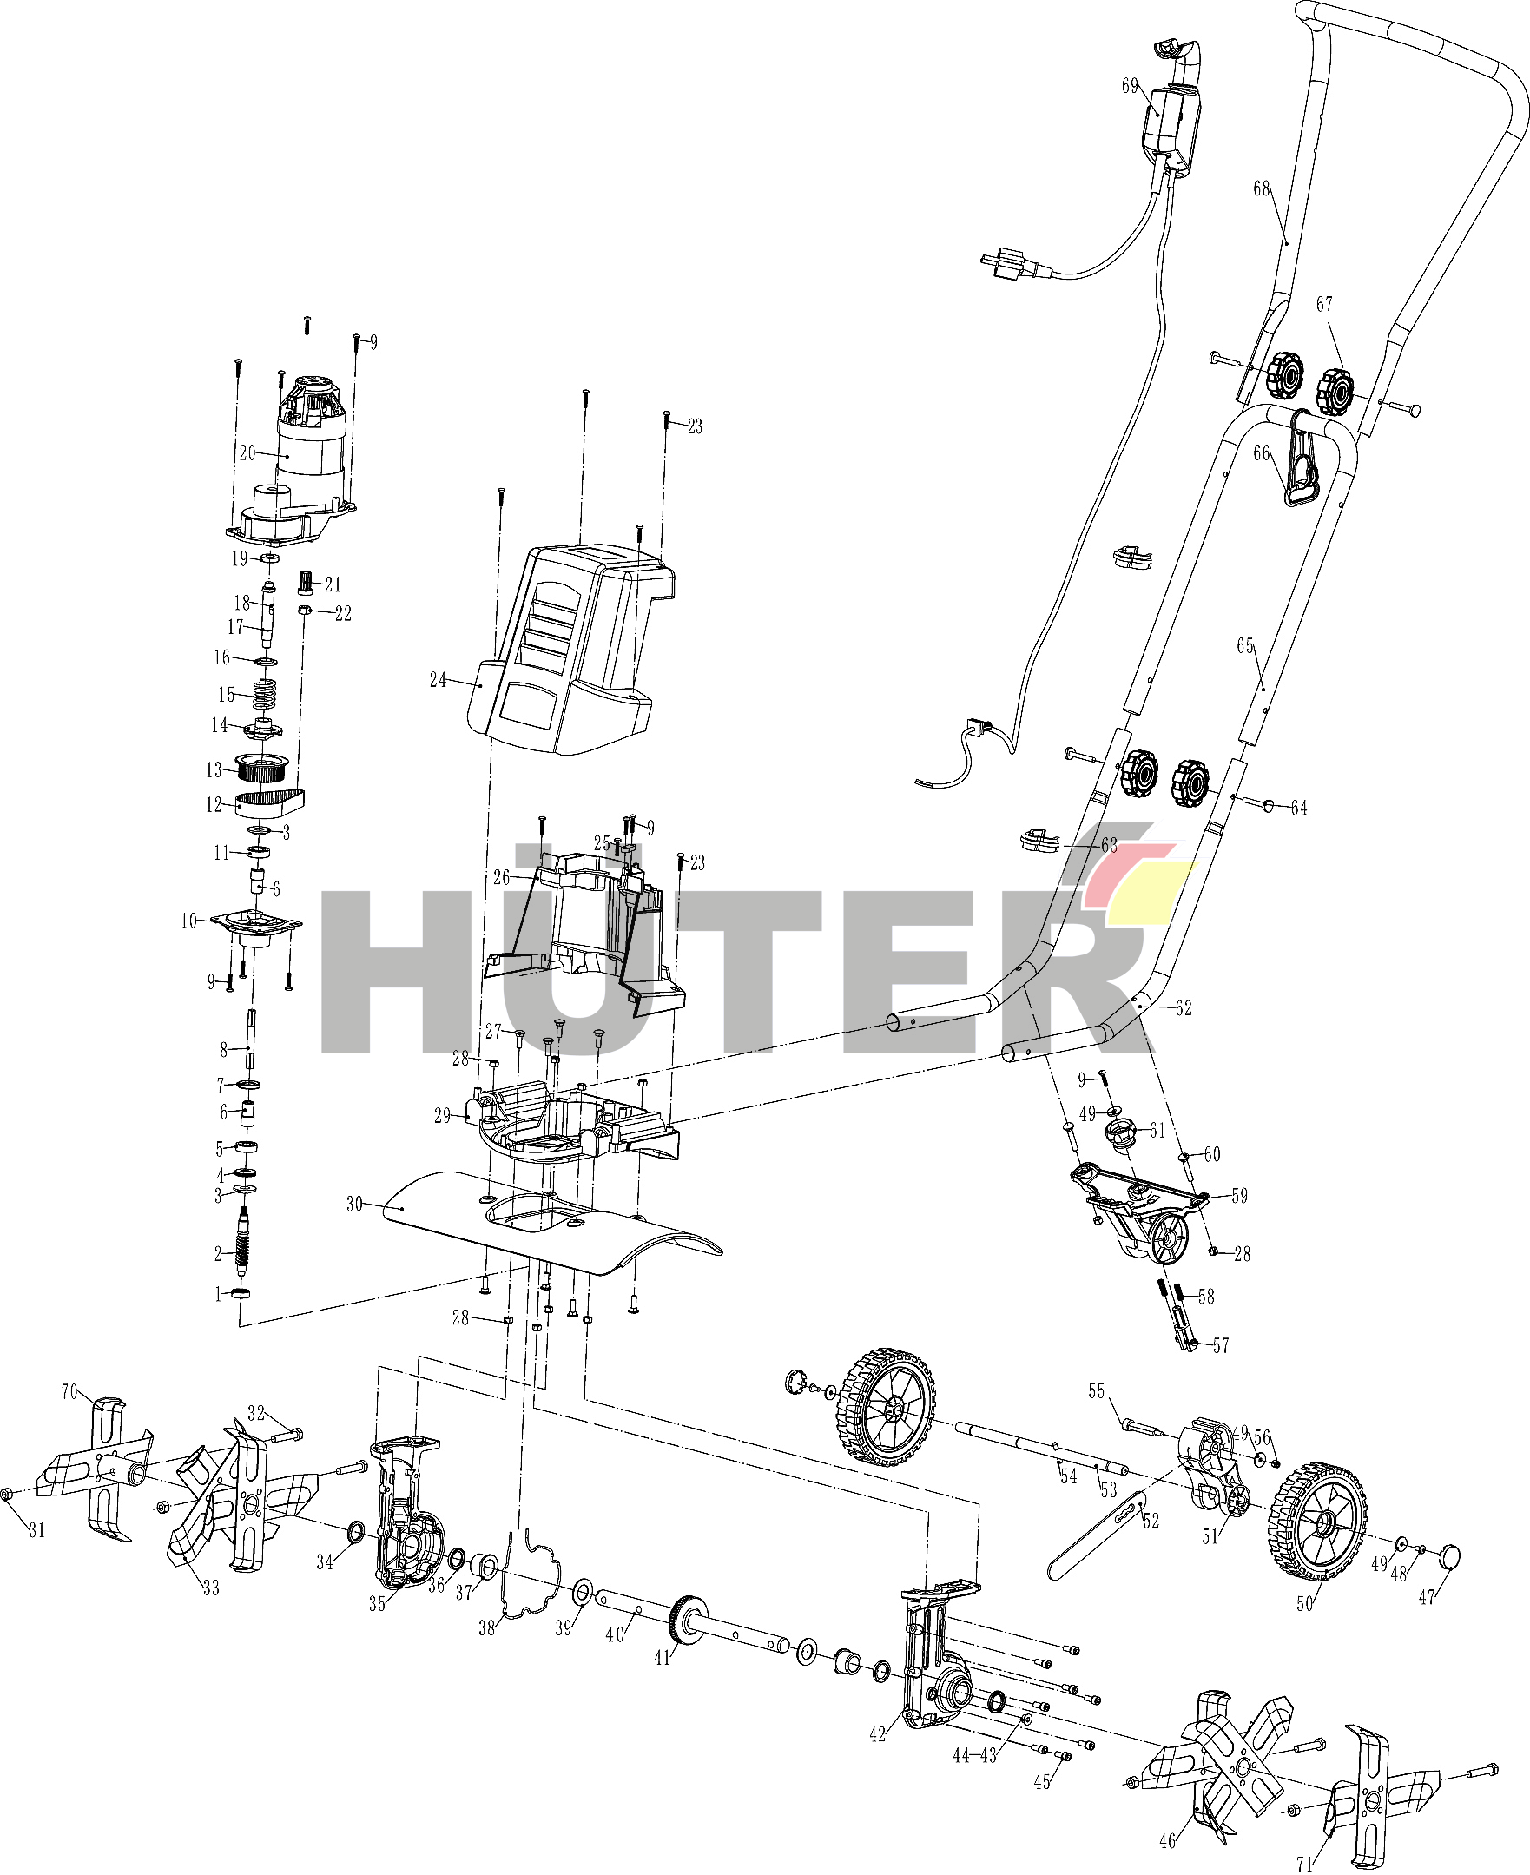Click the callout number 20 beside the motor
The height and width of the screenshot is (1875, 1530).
coord(247,452)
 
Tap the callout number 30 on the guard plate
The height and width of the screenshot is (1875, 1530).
coord(354,1205)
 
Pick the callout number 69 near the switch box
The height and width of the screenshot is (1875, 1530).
coord(1130,85)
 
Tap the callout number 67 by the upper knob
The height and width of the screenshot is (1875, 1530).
coord(1325,304)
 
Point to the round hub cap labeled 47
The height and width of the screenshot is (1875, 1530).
coord(1449,1556)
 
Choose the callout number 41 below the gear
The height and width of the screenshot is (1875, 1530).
coord(663,1658)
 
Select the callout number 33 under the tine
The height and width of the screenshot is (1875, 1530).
coord(211,1588)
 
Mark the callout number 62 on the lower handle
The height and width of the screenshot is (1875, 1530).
coord(1184,1008)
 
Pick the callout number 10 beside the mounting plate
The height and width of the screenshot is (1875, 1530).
coord(189,921)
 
